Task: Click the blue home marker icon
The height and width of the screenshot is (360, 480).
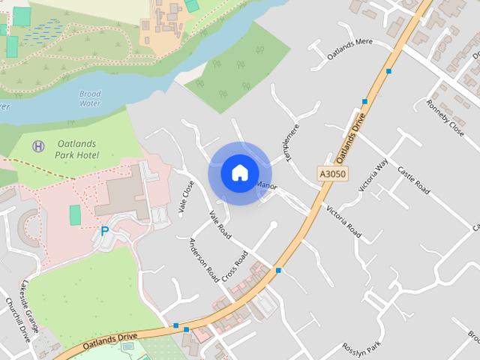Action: [x=239, y=172]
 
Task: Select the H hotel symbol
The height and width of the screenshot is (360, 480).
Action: [x=38, y=145]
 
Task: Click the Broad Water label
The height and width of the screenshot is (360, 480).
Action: [x=89, y=99]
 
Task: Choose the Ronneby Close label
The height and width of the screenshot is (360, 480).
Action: [x=445, y=117]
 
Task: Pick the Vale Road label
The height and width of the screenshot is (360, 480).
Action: [x=220, y=225]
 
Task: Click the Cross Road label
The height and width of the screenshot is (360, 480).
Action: [x=235, y=268]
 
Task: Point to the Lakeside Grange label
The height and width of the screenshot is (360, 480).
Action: [x=35, y=300]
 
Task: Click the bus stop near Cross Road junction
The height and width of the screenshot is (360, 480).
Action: [x=278, y=269]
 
